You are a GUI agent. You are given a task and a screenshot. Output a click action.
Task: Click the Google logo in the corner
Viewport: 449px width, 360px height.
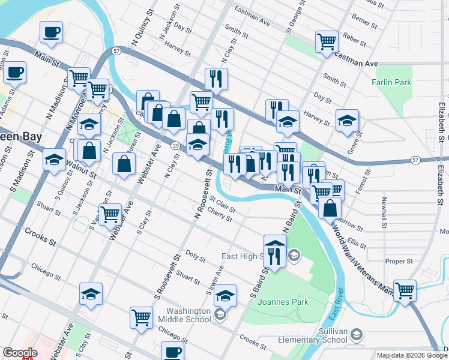point(20,353)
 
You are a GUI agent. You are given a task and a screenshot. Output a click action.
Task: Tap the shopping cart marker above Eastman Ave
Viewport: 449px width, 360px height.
point(327,41)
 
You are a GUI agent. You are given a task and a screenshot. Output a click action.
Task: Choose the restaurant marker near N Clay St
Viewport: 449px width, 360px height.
point(216,78)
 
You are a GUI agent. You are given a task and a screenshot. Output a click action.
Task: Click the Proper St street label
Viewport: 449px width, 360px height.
point(399,261)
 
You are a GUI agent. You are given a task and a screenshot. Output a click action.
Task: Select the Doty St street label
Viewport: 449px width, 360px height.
point(196,256)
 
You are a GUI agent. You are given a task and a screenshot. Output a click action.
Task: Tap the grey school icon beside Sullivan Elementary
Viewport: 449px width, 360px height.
point(357,334)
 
